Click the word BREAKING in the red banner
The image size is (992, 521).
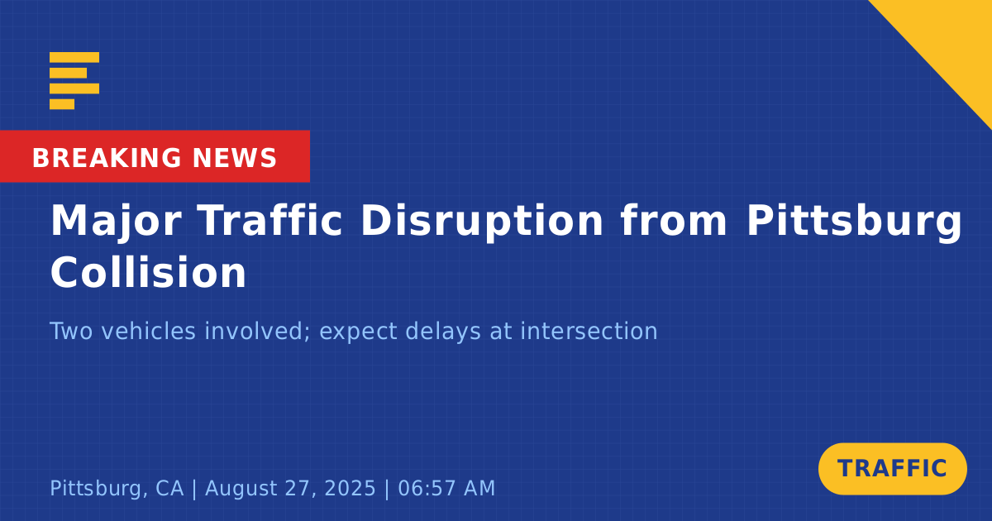107,158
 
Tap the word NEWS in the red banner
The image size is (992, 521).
235,158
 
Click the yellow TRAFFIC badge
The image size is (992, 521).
892,469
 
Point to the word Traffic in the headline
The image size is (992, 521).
270,220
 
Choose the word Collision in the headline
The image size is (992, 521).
148,272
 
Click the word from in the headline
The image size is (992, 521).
674,220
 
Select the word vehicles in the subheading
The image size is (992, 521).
149,331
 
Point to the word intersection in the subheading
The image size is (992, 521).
589,331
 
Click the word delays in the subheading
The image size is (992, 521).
443,332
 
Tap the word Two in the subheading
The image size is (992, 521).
71,331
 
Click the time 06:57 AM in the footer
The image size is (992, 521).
446,488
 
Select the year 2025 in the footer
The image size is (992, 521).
350,488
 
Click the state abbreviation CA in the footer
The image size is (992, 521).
169,488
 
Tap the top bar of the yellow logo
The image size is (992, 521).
74,57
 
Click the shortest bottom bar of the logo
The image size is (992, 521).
62,104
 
